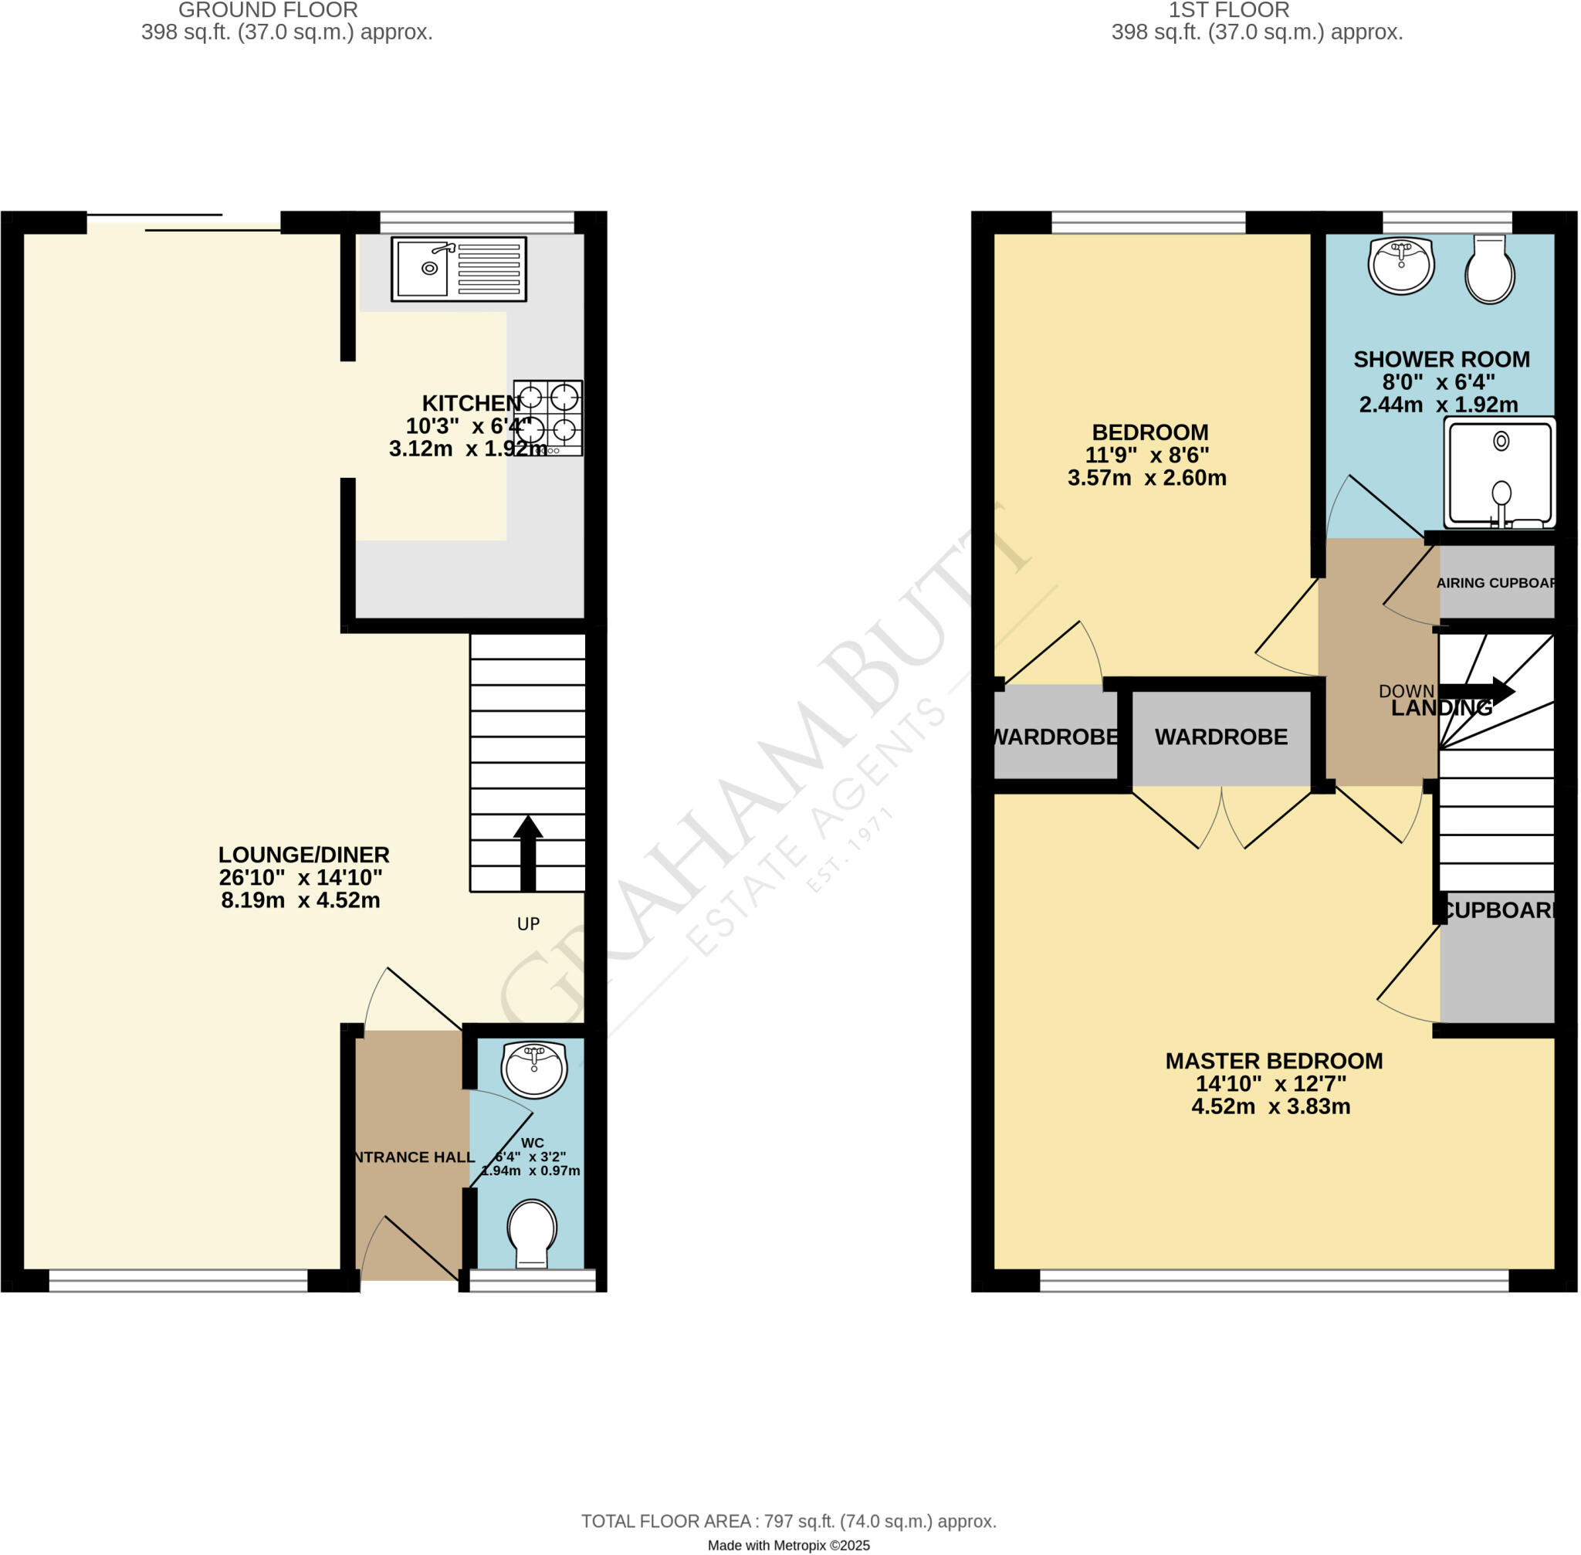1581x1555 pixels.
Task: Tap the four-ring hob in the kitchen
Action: pos(548,418)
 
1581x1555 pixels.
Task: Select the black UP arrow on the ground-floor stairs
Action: pos(527,852)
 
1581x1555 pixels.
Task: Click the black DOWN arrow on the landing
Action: pos(1488,691)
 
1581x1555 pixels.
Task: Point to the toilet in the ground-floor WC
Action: pos(532,1231)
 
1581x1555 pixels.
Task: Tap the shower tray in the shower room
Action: pos(1498,473)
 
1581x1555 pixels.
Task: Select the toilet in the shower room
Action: pos(1490,270)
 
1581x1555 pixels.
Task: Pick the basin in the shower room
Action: pos(1401,265)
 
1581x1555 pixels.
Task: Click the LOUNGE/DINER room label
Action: pos(304,855)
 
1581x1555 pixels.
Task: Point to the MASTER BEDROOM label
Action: pos(1273,1061)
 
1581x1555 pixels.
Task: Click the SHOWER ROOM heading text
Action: pos(1441,359)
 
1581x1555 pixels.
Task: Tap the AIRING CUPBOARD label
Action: pos(1495,583)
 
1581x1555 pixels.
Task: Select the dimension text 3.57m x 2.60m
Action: pos(1146,478)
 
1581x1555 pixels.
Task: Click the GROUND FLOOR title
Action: pos(268,11)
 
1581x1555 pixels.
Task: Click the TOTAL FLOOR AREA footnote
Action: pos(788,1522)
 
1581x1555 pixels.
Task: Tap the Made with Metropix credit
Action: pos(788,1545)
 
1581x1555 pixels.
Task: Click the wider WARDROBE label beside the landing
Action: pos(1220,737)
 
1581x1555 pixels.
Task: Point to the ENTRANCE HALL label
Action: pos(413,1157)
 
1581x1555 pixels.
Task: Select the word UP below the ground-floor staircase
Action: pos(528,923)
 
